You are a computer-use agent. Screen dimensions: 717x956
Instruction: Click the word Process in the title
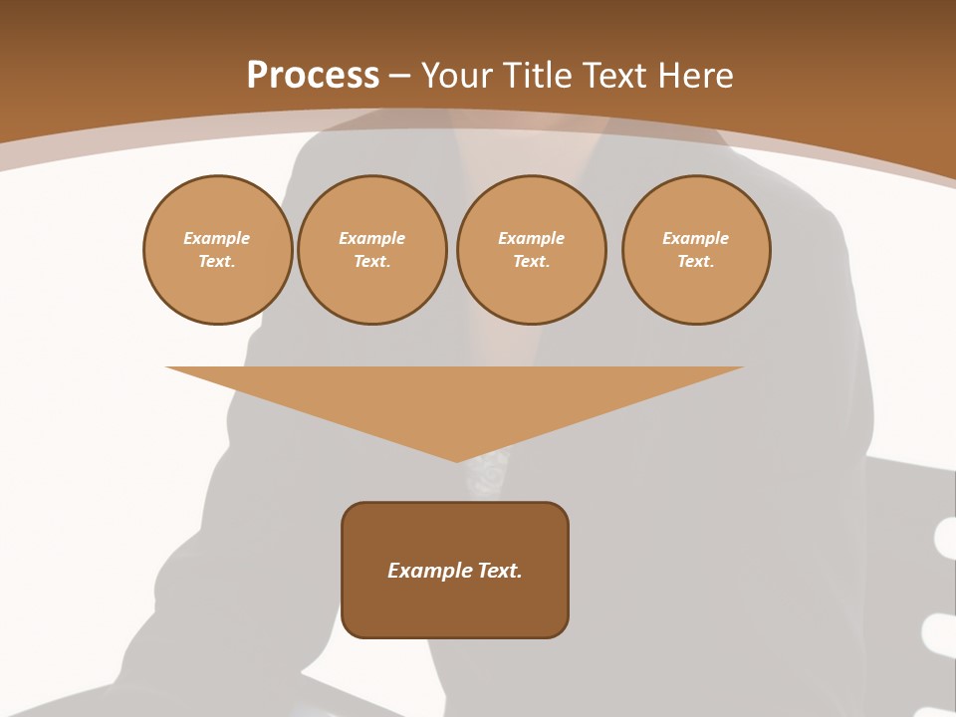[x=313, y=76]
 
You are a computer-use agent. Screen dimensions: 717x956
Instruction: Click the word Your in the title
[x=459, y=76]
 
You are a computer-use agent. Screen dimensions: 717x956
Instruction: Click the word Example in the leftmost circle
[x=217, y=239]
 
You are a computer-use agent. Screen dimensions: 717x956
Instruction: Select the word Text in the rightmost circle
[x=695, y=262]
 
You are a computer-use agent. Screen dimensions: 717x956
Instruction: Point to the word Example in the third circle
[x=531, y=239]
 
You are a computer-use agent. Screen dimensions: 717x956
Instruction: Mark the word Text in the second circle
[x=371, y=262]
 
